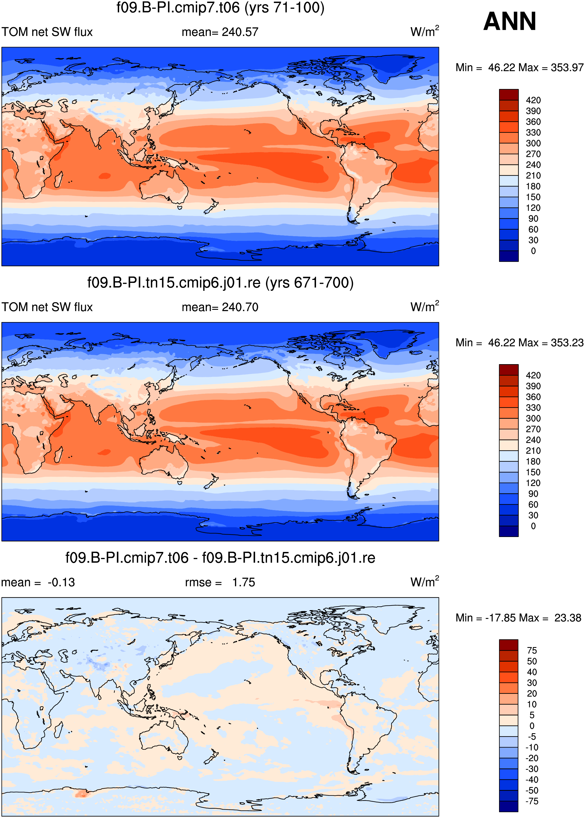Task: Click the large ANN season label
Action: point(509,21)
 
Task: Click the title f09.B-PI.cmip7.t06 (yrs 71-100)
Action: point(221,8)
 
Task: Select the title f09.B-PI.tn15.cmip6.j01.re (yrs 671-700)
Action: point(221,283)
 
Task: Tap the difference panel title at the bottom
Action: point(221,558)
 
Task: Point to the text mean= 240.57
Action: point(220,32)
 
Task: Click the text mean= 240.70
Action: point(220,307)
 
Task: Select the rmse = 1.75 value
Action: point(220,582)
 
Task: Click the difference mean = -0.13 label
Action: point(38,582)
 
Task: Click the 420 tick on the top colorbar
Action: point(533,100)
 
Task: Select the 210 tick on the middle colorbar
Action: point(533,451)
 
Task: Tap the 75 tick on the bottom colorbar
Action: point(532,650)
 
